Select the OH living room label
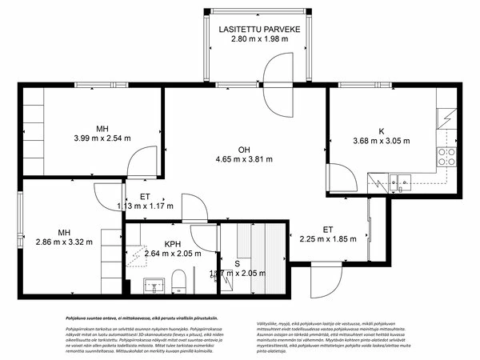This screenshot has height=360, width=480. point(245,148)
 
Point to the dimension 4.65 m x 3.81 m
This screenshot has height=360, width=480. point(245,158)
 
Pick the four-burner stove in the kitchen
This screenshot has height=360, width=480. point(446,155)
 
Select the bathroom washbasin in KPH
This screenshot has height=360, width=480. point(153,282)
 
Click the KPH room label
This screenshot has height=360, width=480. point(171,244)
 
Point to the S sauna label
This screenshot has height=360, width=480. point(236,263)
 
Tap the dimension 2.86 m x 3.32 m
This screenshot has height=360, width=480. point(64,240)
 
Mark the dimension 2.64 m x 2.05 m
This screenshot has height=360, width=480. point(171,254)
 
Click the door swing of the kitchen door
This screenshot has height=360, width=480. point(339,178)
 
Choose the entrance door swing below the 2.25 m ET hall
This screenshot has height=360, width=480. point(326,280)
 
